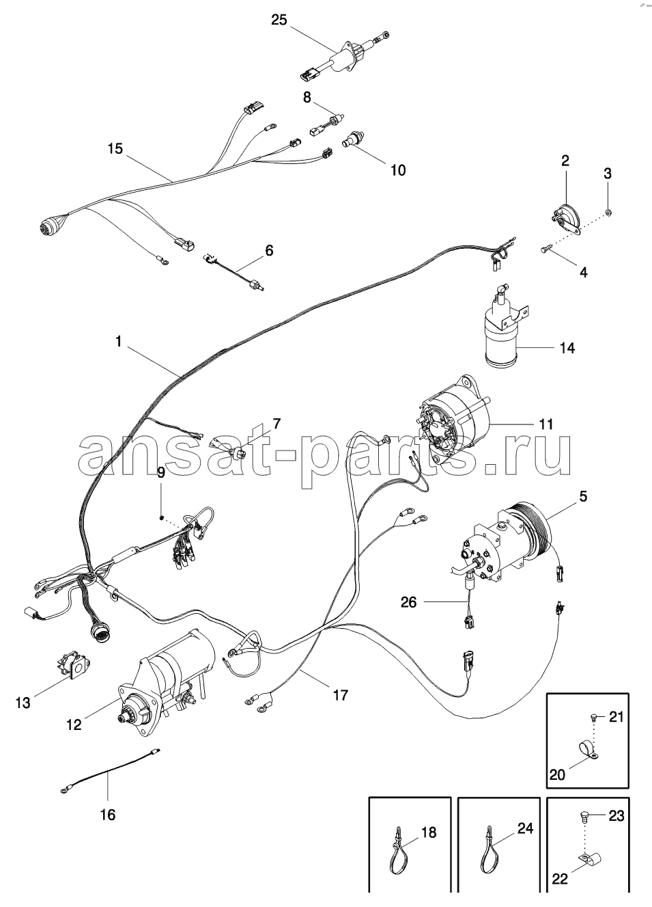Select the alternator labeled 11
point(454,420)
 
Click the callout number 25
point(279,20)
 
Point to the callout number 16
point(108,814)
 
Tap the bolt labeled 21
point(593,716)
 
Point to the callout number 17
point(341,695)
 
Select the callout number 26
point(409,601)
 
